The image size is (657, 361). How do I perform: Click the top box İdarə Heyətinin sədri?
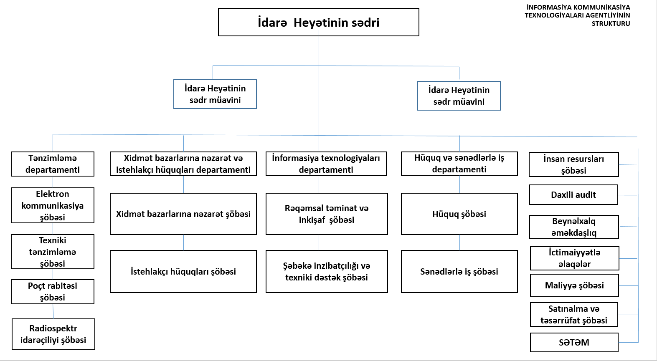[319, 22]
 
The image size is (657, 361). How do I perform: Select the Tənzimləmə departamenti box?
[53, 164]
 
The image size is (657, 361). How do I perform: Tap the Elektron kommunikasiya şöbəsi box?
[53, 205]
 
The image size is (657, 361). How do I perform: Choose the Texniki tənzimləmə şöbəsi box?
[53, 252]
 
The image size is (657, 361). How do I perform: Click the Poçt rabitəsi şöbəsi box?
[53, 292]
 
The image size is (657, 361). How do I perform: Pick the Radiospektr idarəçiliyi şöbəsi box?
[53, 334]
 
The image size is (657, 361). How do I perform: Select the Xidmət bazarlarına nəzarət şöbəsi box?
[183, 214]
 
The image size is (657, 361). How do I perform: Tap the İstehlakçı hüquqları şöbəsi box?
[183, 271]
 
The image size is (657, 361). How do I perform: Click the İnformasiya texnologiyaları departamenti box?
[326, 164]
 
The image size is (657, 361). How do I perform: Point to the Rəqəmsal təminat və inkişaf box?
[327, 214]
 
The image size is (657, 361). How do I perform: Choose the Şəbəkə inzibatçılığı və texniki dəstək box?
[327, 271]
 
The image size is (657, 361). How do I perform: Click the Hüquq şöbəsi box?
[459, 214]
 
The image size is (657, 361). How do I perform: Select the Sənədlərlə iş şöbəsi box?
[459, 271]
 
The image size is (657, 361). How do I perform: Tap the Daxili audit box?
[574, 194]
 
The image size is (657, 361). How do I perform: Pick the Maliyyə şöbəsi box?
[574, 285]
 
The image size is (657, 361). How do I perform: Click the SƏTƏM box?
[574, 342]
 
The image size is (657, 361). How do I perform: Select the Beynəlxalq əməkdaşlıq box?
[574, 227]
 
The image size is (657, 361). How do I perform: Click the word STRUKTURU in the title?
[611, 24]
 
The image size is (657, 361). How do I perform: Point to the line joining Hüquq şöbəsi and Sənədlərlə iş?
[459, 242]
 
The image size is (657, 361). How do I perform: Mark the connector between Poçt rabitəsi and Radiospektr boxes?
[53, 311]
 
